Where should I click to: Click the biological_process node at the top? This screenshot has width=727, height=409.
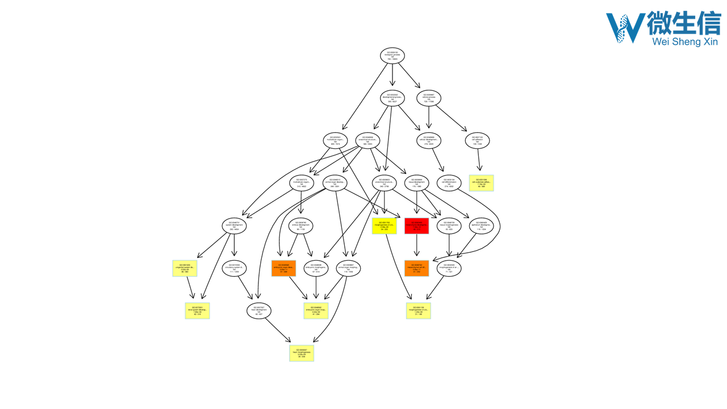pyautogui.click(x=392, y=56)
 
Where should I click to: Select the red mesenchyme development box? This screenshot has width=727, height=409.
pyautogui.click(x=416, y=226)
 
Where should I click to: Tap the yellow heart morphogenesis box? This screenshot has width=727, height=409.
pyautogui.click(x=302, y=353)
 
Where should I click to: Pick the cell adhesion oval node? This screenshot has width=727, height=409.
pyautogui.click(x=478, y=140)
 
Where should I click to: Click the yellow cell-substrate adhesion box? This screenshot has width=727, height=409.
pyautogui.click(x=482, y=183)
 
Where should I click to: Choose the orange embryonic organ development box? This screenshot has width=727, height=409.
pyautogui.click(x=284, y=268)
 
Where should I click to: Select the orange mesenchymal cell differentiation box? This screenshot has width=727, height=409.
pyautogui.click(x=416, y=268)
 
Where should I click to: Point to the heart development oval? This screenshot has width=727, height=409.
pyautogui.click(x=259, y=311)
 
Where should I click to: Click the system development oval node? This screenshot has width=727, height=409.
pyautogui.click(x=235, y=226)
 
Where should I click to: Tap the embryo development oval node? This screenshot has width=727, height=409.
pyautogui.click(x=301, y=226)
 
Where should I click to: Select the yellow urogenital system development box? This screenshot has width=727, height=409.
pyautogui.click(x=185, y=268)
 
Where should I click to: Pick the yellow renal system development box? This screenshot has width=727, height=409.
pyautogui.click(x=198, y=311)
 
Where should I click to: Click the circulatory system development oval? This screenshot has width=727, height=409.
pyautogui.click(x=235, y=268)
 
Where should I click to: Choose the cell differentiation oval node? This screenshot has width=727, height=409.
pyautogui.click(x=449, y=183)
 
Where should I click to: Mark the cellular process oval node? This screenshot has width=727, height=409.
pyautogui.click(x=429, y=98)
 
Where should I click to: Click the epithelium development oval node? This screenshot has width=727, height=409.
pyautogui.click(x=482, y=226)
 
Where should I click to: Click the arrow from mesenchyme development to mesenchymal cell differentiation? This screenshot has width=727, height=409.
pyautogui.click(x=416, y=247)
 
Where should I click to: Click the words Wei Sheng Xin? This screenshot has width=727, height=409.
pyautogui.click(x=685, y=41)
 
